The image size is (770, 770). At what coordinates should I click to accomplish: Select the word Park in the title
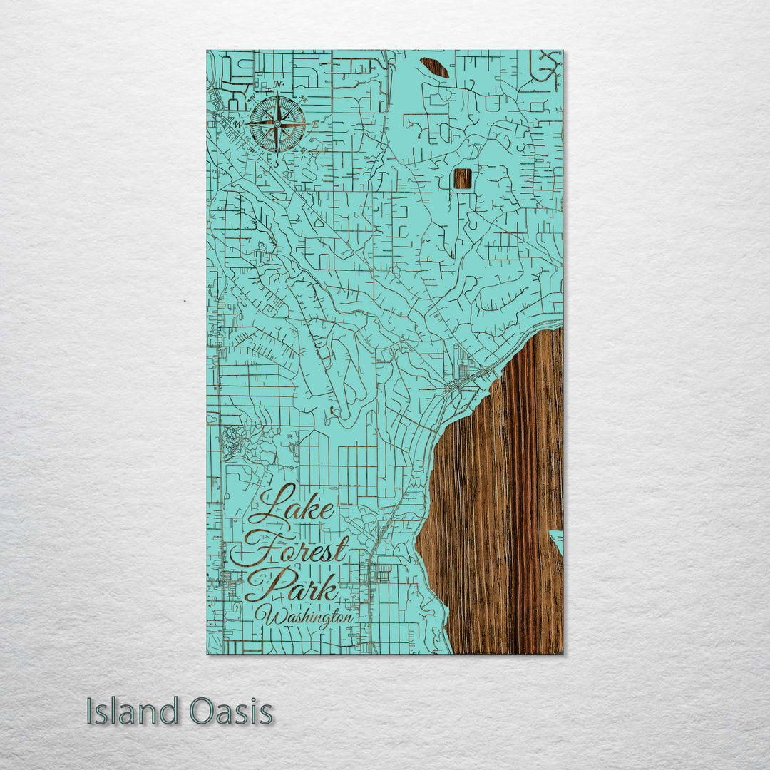291,586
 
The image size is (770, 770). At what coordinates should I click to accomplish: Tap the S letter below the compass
277,163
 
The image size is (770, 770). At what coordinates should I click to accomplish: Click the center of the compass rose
277,124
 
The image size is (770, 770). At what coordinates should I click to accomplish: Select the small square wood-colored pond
463,178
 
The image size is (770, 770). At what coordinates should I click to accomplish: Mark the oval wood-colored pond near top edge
434,67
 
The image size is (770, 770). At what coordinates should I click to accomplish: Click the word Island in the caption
133,712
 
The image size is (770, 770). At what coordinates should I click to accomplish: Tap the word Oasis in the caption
231,712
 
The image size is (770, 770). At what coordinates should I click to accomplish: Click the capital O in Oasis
202,712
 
